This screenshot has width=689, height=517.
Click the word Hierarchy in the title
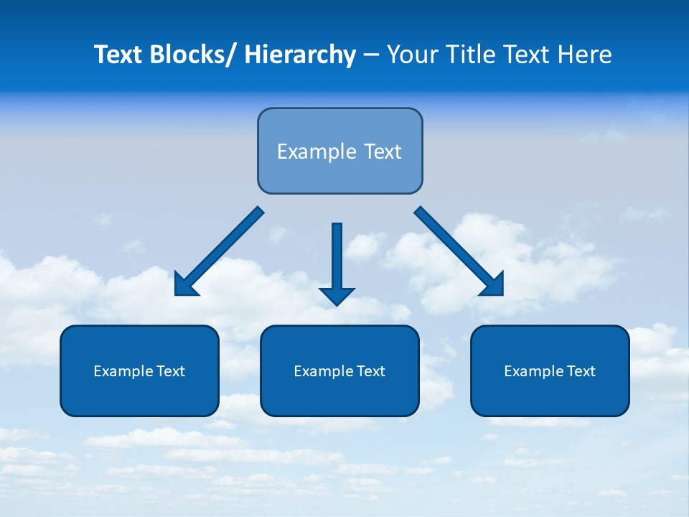(x=300, y=55)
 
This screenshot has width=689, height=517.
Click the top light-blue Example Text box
(x=339, y=151)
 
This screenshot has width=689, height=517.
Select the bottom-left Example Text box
(x=139, y=371)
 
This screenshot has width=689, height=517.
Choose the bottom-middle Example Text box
(x=339, y=371)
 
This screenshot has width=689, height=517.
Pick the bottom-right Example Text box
(x=550, y=371)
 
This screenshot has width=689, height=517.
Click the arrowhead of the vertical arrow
(x=337, y=296)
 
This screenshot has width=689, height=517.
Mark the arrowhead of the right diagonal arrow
(x=494, y=285)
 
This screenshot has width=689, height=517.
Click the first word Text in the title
(x=118, y=55)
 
